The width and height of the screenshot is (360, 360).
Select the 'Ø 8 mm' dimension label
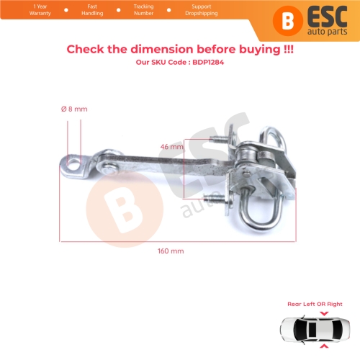[x=74, y=108]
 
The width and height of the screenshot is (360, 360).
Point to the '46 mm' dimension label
[x=171, y=145]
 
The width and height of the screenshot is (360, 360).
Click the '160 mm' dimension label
[x=171, y=251]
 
